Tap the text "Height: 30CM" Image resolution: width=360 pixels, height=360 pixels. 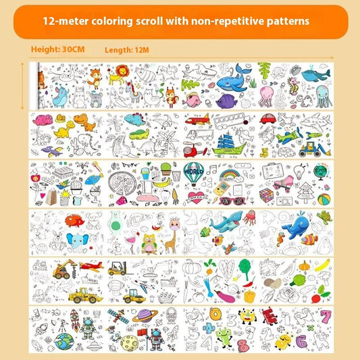[x=57, y=49]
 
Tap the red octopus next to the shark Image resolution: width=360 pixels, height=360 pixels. [x=251, y=217]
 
